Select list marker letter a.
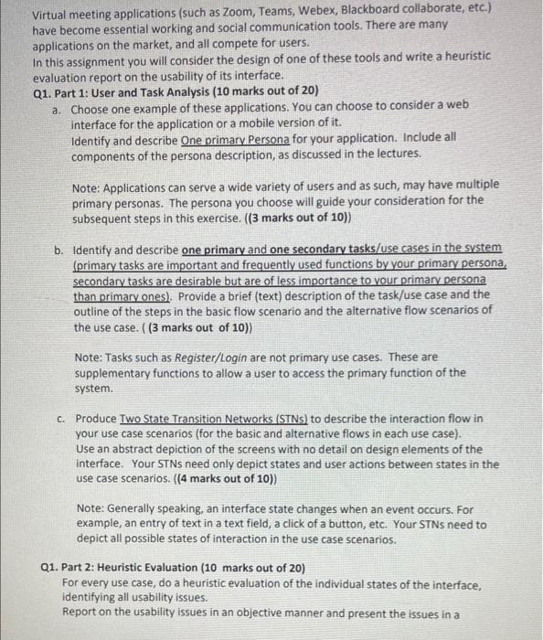(56, 106)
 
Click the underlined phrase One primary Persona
(235, 137)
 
